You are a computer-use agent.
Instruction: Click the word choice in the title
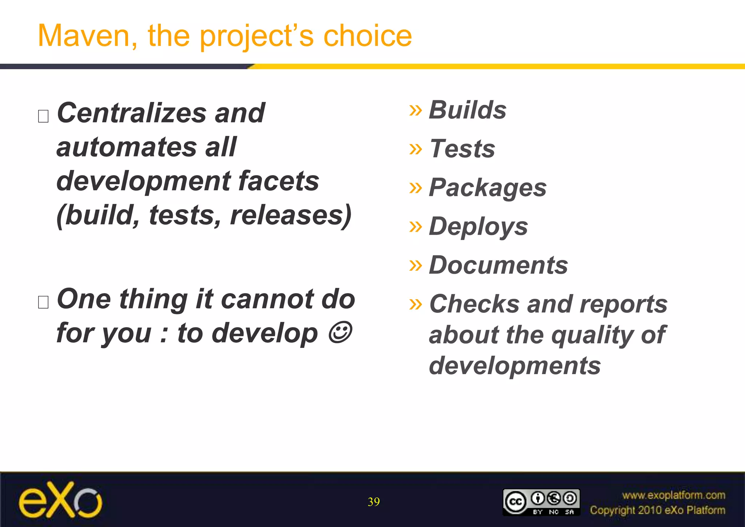[x=367, y=36]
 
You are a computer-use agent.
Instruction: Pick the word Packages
[x=487, y=188]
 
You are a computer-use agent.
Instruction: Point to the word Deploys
[x=478, y=226]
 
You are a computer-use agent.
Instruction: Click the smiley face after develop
[x=340, y=332]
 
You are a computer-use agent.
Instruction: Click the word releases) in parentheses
[x=291, y=215]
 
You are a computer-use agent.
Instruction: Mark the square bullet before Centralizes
[x=43, y=116]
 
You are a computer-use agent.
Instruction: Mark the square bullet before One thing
[x=43, y=302]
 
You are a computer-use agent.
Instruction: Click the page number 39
[x=374, y=502]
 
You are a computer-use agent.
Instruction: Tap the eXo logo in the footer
[x=60, y=500]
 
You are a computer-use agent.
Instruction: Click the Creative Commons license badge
[x=541, y=502]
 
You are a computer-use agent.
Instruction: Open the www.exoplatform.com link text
[x=673, y=495]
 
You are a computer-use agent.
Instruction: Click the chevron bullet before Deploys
[x=415, y=226]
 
